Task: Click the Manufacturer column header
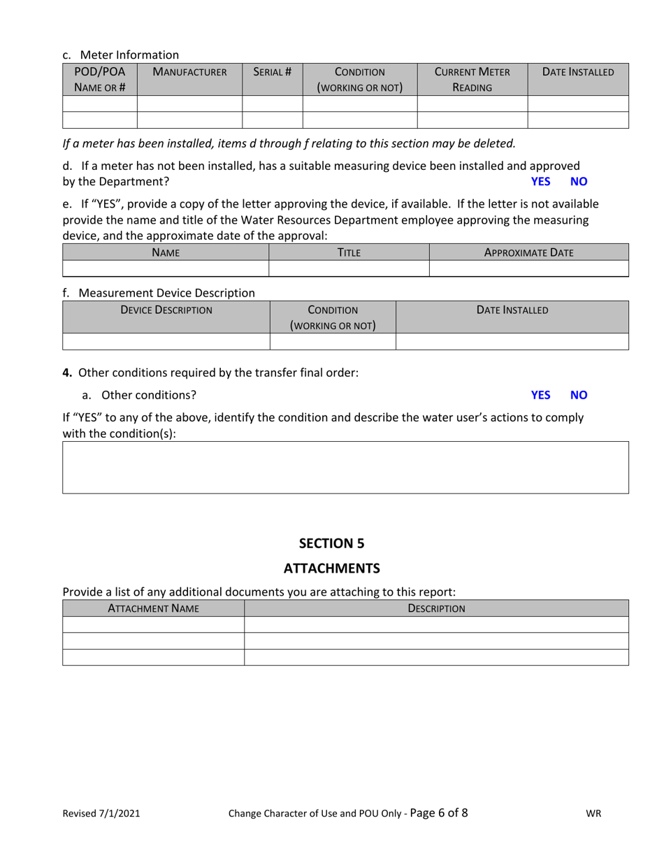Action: [x=189, y=72]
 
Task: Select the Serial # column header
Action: [x=272, y=72]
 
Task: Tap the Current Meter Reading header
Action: [x=472, y=80]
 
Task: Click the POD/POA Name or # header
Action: [x=99, y=80]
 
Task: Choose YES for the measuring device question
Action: [x=540, y=182]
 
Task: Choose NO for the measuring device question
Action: [x=579, y=182]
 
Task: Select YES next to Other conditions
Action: [x=540, y=395]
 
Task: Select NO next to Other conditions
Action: [x=579, y=395]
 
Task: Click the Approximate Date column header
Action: [x=528, y=252]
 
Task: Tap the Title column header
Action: [x=349, y=252]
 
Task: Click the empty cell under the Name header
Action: [x=166, y=268]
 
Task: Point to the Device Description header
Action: [x=166, y=310]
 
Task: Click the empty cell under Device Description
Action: [x=166, y=341]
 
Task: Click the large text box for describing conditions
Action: [x=345, y=467]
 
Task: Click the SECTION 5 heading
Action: [x=331, y=543]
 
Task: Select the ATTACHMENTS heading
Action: [x=331, y=568]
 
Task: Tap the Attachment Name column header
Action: [x=153, y=608]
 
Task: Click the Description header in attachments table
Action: [x=436, y=608]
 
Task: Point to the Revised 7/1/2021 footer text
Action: [x=101, y=813]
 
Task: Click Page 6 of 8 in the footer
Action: [x=439, y=812]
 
